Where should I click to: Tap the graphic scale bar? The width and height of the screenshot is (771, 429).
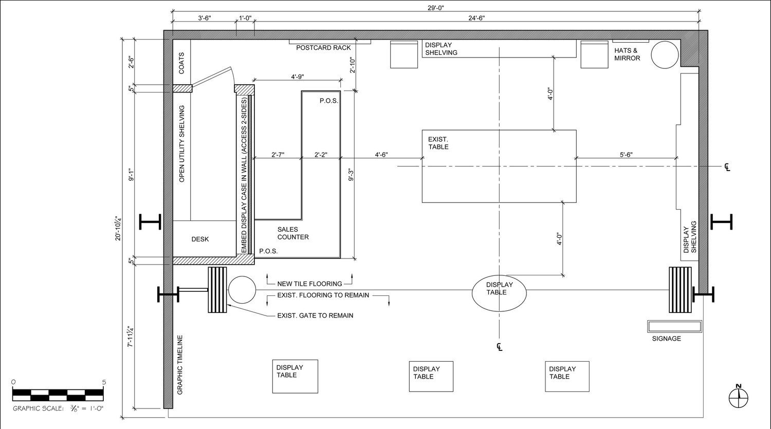[x=58, y=395]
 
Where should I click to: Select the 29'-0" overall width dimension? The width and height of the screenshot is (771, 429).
[x=436, y=8]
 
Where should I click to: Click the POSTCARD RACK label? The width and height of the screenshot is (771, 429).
[x=323, y=48]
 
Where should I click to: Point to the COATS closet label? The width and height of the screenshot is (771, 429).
[x=181, y=63]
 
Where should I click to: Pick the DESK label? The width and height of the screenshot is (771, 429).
[x=200, y=239]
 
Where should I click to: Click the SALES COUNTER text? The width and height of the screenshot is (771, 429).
[x=293, y=233]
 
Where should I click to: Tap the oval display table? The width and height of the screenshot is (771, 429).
[x=499, y=293]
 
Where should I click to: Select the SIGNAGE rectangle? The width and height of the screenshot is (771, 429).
[x=674, y=326]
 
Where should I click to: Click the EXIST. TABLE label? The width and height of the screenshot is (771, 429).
[x=438, y=143]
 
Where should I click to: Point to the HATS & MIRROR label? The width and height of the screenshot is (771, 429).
[x=627, y=54]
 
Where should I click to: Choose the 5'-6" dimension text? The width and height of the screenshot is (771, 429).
[x=626, y=155]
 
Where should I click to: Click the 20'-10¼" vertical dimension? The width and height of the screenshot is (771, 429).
[x=118, y=228]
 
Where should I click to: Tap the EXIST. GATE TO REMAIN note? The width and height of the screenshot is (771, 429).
[x=315, y=315]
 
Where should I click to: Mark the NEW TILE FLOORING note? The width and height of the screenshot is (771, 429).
[x=310, y=284]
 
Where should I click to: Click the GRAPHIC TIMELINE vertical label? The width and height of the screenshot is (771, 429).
[x=180, y=365]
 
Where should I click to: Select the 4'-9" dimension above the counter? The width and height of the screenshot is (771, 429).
[x=298, y=77]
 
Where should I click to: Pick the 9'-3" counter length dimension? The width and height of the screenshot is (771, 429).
[x=351, y=174]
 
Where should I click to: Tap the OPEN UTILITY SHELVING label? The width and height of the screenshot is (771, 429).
[x=182, y=143]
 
